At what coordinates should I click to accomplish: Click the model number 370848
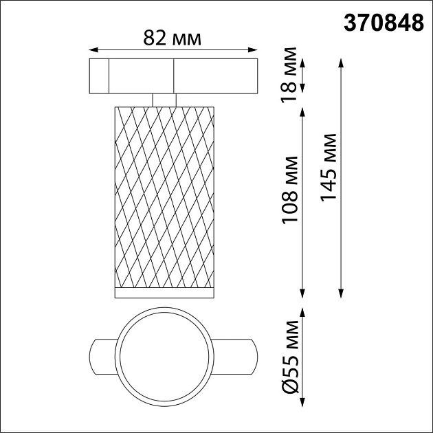coord(384,23)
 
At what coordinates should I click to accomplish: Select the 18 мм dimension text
coord(291,69)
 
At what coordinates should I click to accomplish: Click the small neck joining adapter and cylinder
coord(164,99)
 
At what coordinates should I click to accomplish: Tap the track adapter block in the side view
coord(173,76)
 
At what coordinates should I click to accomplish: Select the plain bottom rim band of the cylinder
coord(164,294)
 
